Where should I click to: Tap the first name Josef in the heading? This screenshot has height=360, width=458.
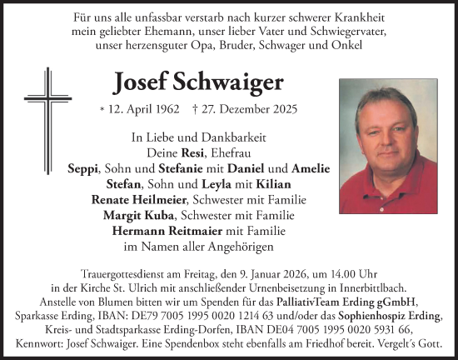click(137, 83)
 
